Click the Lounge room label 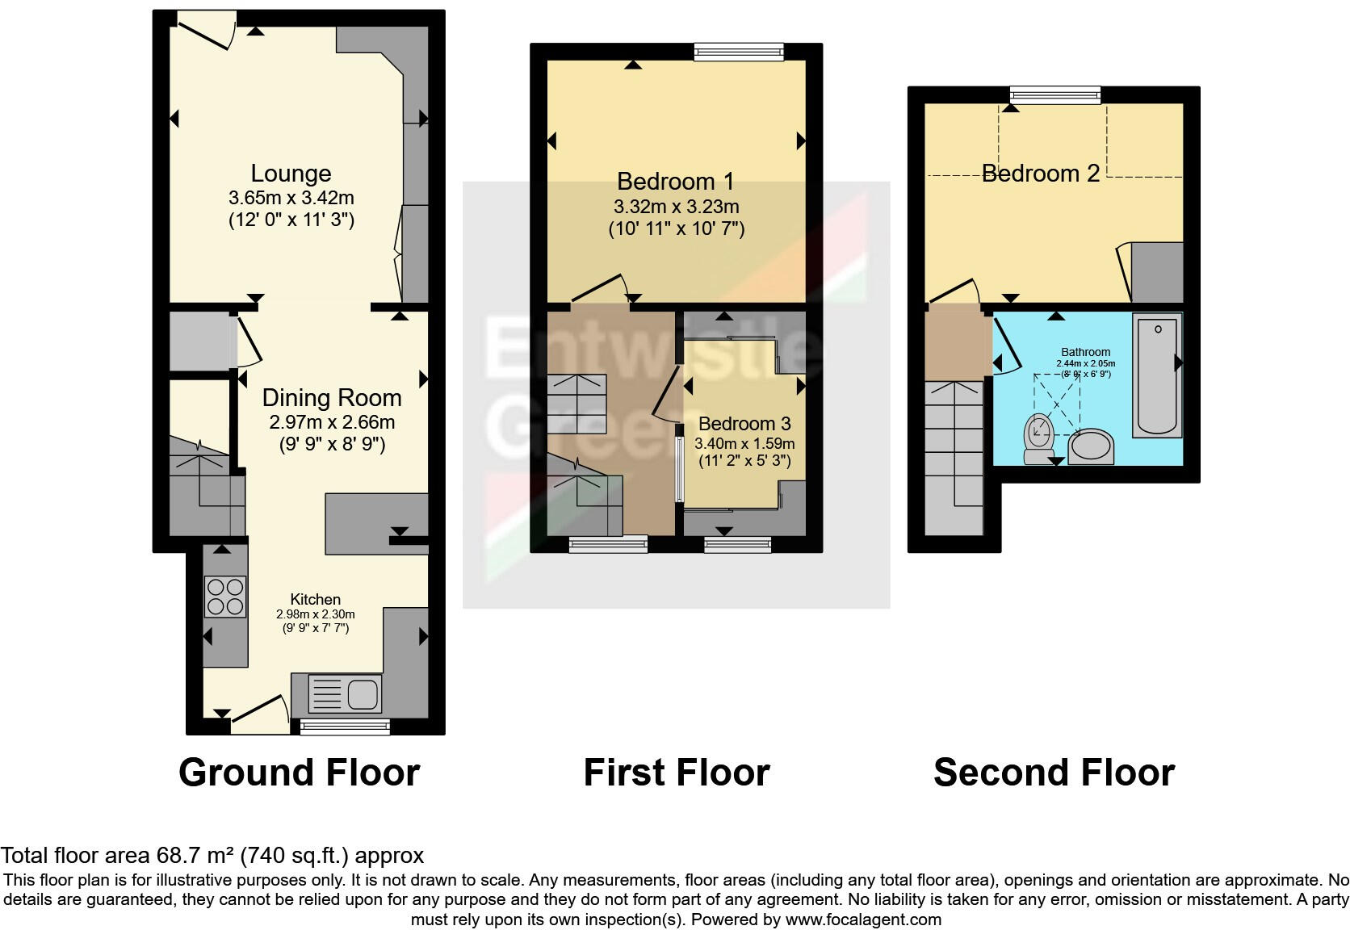[291, 174]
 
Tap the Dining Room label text [332, 398]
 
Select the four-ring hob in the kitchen [225, 597]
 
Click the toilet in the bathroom [1037, 438]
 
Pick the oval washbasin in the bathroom [1091, 448]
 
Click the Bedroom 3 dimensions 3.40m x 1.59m [744, 443]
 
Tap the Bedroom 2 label [1040, 174]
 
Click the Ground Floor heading [299, 773]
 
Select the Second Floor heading [1054, 773]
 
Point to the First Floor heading [677, 773]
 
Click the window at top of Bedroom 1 [739, 52]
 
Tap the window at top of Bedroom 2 [1054, 95]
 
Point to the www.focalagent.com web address [863, 920]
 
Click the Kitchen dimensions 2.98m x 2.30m [316, 614]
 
